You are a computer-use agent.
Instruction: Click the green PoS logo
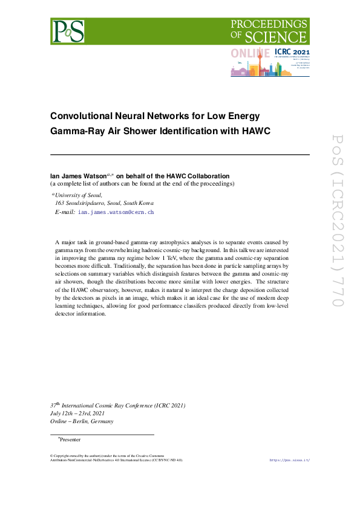(x=67, y=30)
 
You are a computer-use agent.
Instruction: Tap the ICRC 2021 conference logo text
(x=292, y=53)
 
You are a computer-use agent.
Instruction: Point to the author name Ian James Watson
(x=79, y=176)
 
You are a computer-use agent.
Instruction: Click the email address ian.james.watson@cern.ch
(x=116, y=212)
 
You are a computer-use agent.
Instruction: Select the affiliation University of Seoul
(x=79, y=195)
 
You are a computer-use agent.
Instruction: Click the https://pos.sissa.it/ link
(x=289, y=460)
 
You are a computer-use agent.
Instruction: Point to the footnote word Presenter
(x=70, y=439)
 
